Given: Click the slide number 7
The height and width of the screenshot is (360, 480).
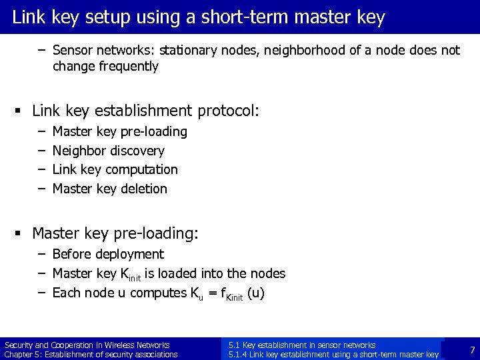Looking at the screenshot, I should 472,350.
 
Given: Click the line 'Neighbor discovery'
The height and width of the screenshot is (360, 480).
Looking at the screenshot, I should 108,151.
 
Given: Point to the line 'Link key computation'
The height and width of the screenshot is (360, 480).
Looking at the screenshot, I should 115,169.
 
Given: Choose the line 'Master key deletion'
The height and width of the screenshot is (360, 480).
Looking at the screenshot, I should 109,189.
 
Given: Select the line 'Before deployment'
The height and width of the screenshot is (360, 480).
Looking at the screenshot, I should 107,254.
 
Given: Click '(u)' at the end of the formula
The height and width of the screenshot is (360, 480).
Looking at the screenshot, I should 256,293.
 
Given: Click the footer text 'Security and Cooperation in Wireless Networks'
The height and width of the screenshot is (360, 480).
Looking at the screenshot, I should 87,345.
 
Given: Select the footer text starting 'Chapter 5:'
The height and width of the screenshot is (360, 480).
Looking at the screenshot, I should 91,355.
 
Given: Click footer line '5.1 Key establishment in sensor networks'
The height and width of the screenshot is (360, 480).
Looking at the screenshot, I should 301,345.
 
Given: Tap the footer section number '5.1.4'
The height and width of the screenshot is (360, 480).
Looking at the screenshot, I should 239,355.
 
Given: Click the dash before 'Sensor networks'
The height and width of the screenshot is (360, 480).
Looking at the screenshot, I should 41,50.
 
